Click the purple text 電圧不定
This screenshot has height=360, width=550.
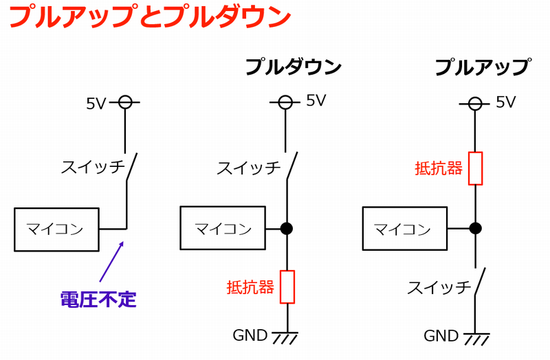click(98, 300)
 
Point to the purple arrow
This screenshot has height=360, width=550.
click(111, 262)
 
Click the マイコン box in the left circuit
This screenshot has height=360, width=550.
click(56, 229)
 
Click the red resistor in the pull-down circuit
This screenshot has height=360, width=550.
click(287, 286)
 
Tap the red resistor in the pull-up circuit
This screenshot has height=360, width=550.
click(475, 168)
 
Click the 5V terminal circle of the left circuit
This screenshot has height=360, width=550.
click(125, 103)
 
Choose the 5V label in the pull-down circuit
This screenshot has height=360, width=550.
click(316, 101)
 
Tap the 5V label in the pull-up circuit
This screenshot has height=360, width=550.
click(505, 102)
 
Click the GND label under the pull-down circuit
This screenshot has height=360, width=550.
click(250, 335)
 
